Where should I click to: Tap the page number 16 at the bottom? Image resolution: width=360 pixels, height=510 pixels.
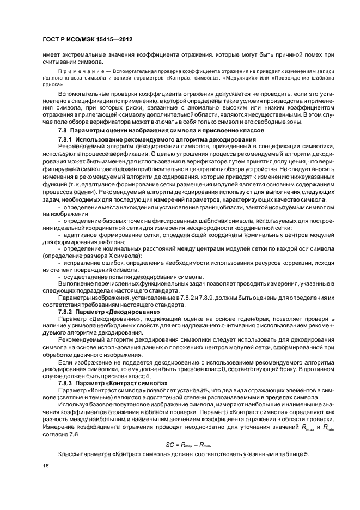point(46,466)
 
